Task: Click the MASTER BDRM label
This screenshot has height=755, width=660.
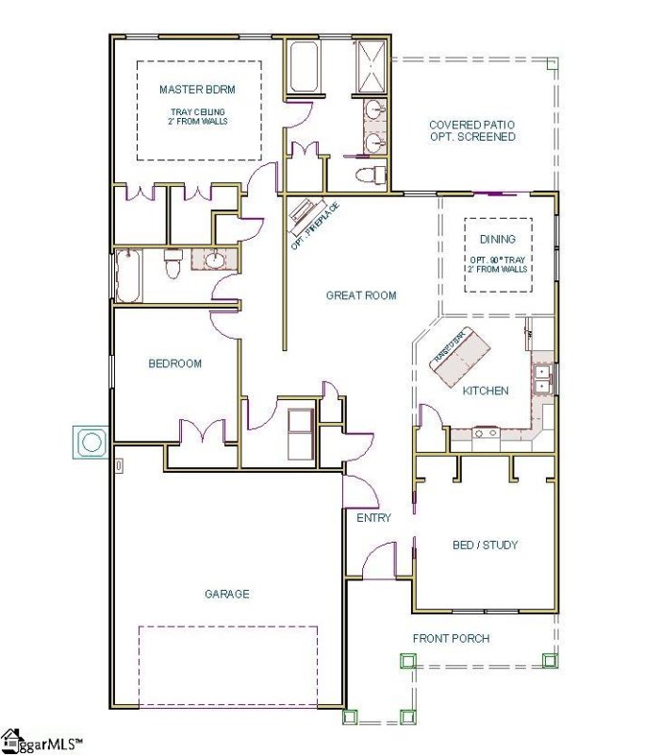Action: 196,90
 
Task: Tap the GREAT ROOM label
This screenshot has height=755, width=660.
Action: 361,295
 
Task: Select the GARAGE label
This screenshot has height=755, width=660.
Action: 227,594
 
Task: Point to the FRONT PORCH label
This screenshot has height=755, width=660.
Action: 451,639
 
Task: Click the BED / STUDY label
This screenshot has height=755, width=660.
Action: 485,545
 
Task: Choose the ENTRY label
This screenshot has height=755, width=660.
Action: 373,518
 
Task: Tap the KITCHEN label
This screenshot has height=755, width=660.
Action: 486,391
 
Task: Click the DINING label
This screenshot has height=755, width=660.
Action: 498,240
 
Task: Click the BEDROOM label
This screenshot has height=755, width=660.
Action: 174,363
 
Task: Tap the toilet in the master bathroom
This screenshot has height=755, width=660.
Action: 373,175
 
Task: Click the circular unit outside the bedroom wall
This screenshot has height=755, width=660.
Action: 91,442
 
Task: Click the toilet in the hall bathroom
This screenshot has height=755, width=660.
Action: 173,266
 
